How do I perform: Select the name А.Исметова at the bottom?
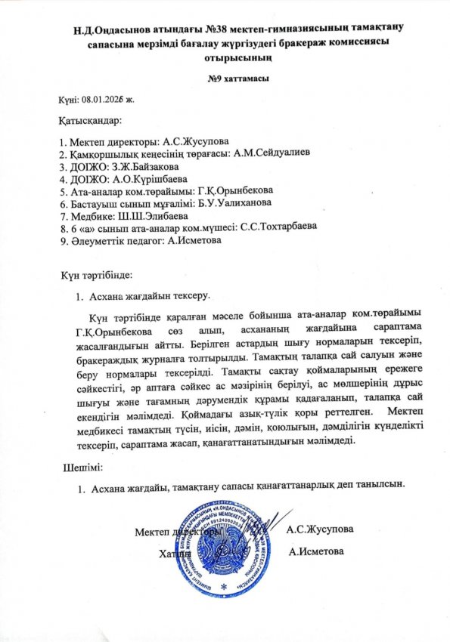317,551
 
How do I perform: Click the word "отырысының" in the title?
225,57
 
